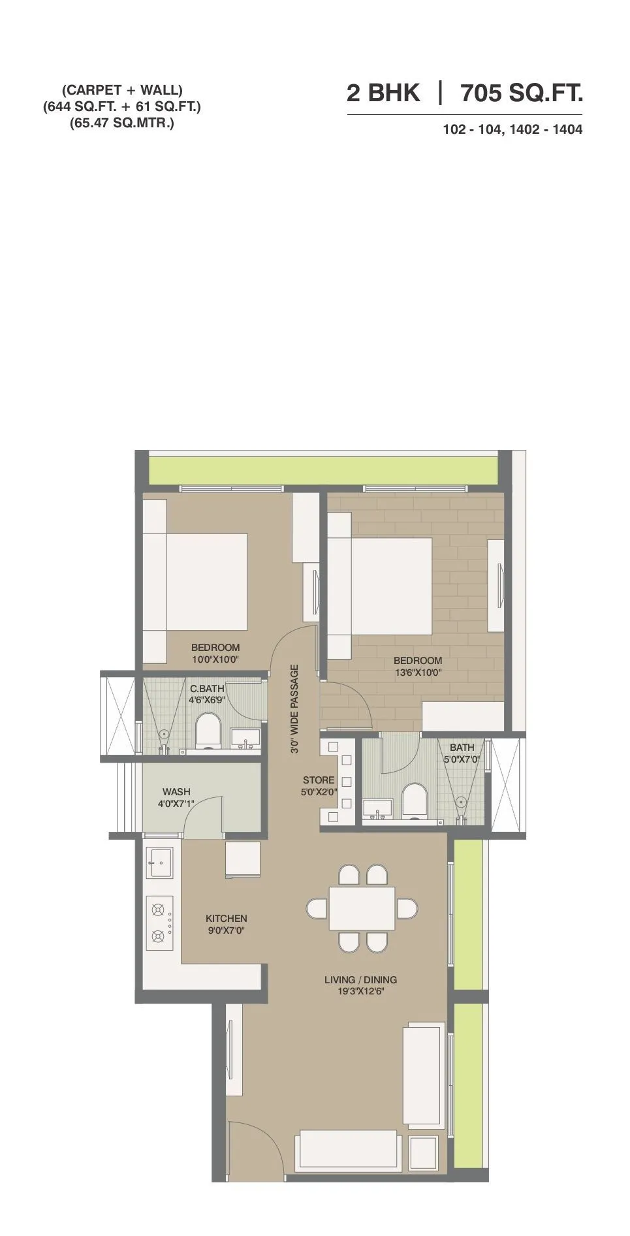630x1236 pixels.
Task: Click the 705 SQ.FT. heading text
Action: [x=522, y=94]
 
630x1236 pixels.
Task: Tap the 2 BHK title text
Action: [x=383, y=94]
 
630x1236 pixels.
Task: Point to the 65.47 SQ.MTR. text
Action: [x=122, y=122]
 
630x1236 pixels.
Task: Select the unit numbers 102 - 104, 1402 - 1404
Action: [x=512, y=130]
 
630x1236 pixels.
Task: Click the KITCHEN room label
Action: [x=227, y=919]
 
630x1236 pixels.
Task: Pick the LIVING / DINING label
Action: [x=360, y=979]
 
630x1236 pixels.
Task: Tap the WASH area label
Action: [x=176, y=791]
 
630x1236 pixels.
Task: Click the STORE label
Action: [x=319, y=780]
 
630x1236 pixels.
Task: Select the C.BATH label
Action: [x=207, y=688]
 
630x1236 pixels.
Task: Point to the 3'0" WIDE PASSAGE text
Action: [x=294, y=709]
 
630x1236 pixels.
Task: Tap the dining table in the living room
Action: [x=362, y=908]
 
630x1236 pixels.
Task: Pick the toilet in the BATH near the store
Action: [x=413, y=800]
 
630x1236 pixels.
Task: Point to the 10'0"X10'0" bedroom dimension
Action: [x=215, y=659]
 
